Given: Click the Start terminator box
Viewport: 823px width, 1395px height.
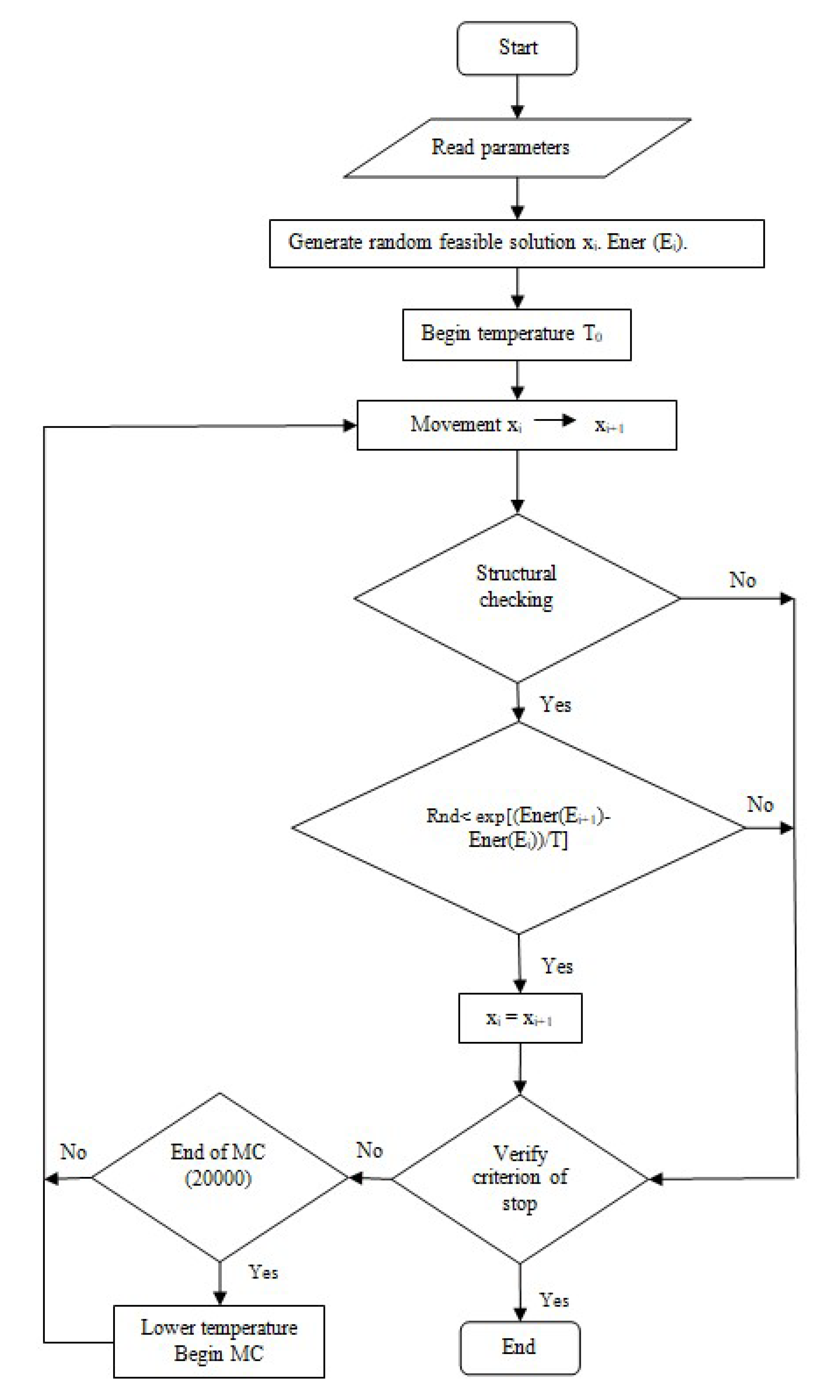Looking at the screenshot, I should pyautogui.click(x=517, y=48).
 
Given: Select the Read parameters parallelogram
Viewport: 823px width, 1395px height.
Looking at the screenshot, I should pyautogui.click(x=517, y=148).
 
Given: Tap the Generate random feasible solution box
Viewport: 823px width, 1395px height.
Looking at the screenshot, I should pyautogui.click(x=517, y=243).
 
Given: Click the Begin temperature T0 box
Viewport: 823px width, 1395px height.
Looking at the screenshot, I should pyautogui.click(x=517, y=335).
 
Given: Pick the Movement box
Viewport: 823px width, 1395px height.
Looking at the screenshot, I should pyautogui.click(x=517, y=425).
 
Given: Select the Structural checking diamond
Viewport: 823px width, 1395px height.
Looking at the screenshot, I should pyautogui.click(x=517, y=598).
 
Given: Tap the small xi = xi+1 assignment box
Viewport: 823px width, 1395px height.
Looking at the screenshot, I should pyautogui.click(x=520, y=1018).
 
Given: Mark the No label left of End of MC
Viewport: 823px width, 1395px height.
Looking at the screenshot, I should pyautogui.click(x=73, y=1152).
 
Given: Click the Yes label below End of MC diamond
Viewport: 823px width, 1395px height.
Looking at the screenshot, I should pyautogui.click(x=263, y=1272).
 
